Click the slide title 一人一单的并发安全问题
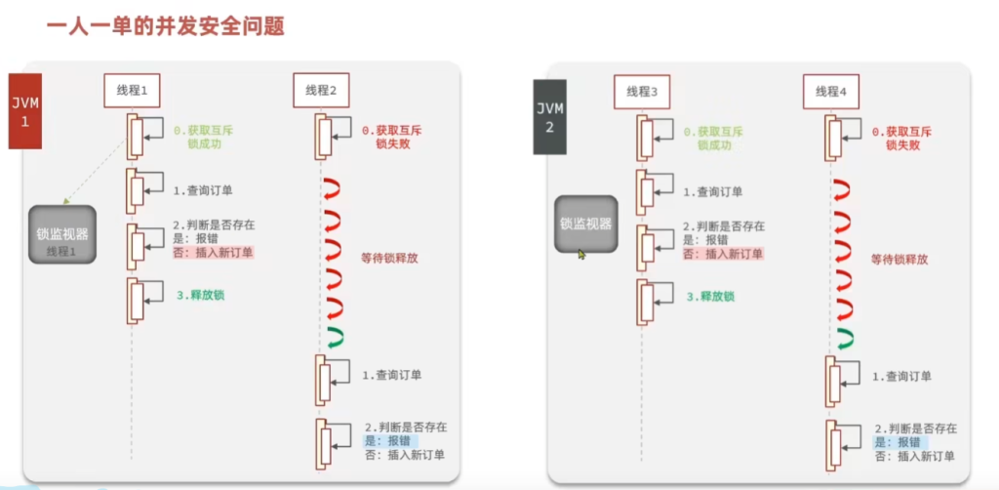tap(165, 26)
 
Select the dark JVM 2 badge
tap(551, 115)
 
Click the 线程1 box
tap(132, 90)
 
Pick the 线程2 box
tap(321, 90)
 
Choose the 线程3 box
tap(642, 91)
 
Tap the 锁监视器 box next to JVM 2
tap(585, 223)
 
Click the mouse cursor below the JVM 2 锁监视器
tap(581, 255)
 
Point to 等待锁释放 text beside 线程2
tap(388, 259)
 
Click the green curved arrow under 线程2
tap(336, 338)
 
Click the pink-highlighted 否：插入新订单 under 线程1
tap(214, 253)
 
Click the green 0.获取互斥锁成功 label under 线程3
tap(716, 138)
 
